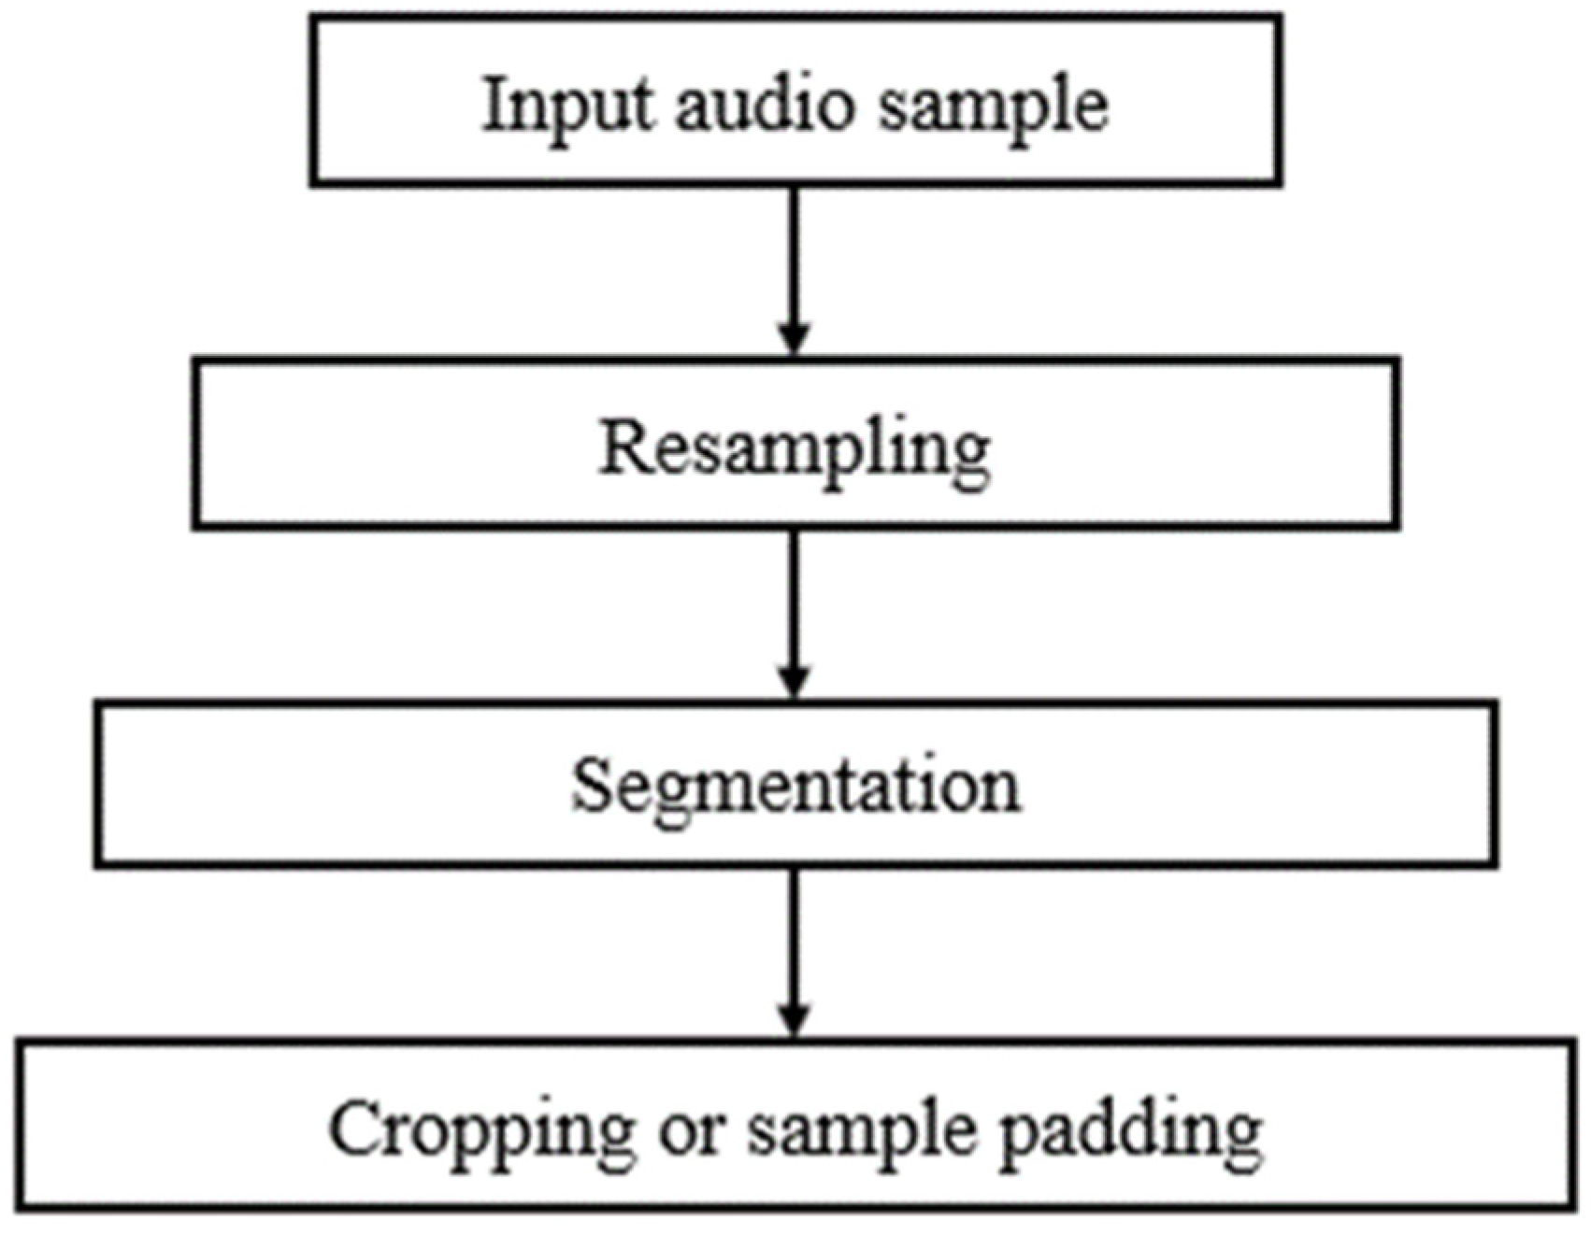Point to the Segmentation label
(795, 788)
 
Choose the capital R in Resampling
(622, 447)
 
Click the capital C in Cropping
(355, 1128)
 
